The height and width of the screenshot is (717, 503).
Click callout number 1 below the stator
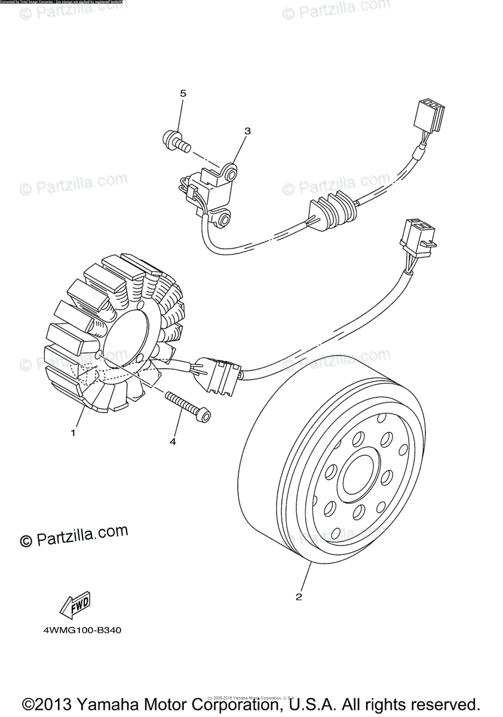[x=73, y=433]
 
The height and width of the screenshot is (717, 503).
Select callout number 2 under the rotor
[x=299, y=596]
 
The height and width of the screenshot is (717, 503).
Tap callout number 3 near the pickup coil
[x=247, y=131]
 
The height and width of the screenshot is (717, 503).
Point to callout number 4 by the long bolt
[x=173, y=442]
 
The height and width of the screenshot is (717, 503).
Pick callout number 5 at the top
[x=183, y=93]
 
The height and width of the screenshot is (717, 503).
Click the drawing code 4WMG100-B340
[x=78, y=630]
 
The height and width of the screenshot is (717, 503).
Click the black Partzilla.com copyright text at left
[x=74, y=535]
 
